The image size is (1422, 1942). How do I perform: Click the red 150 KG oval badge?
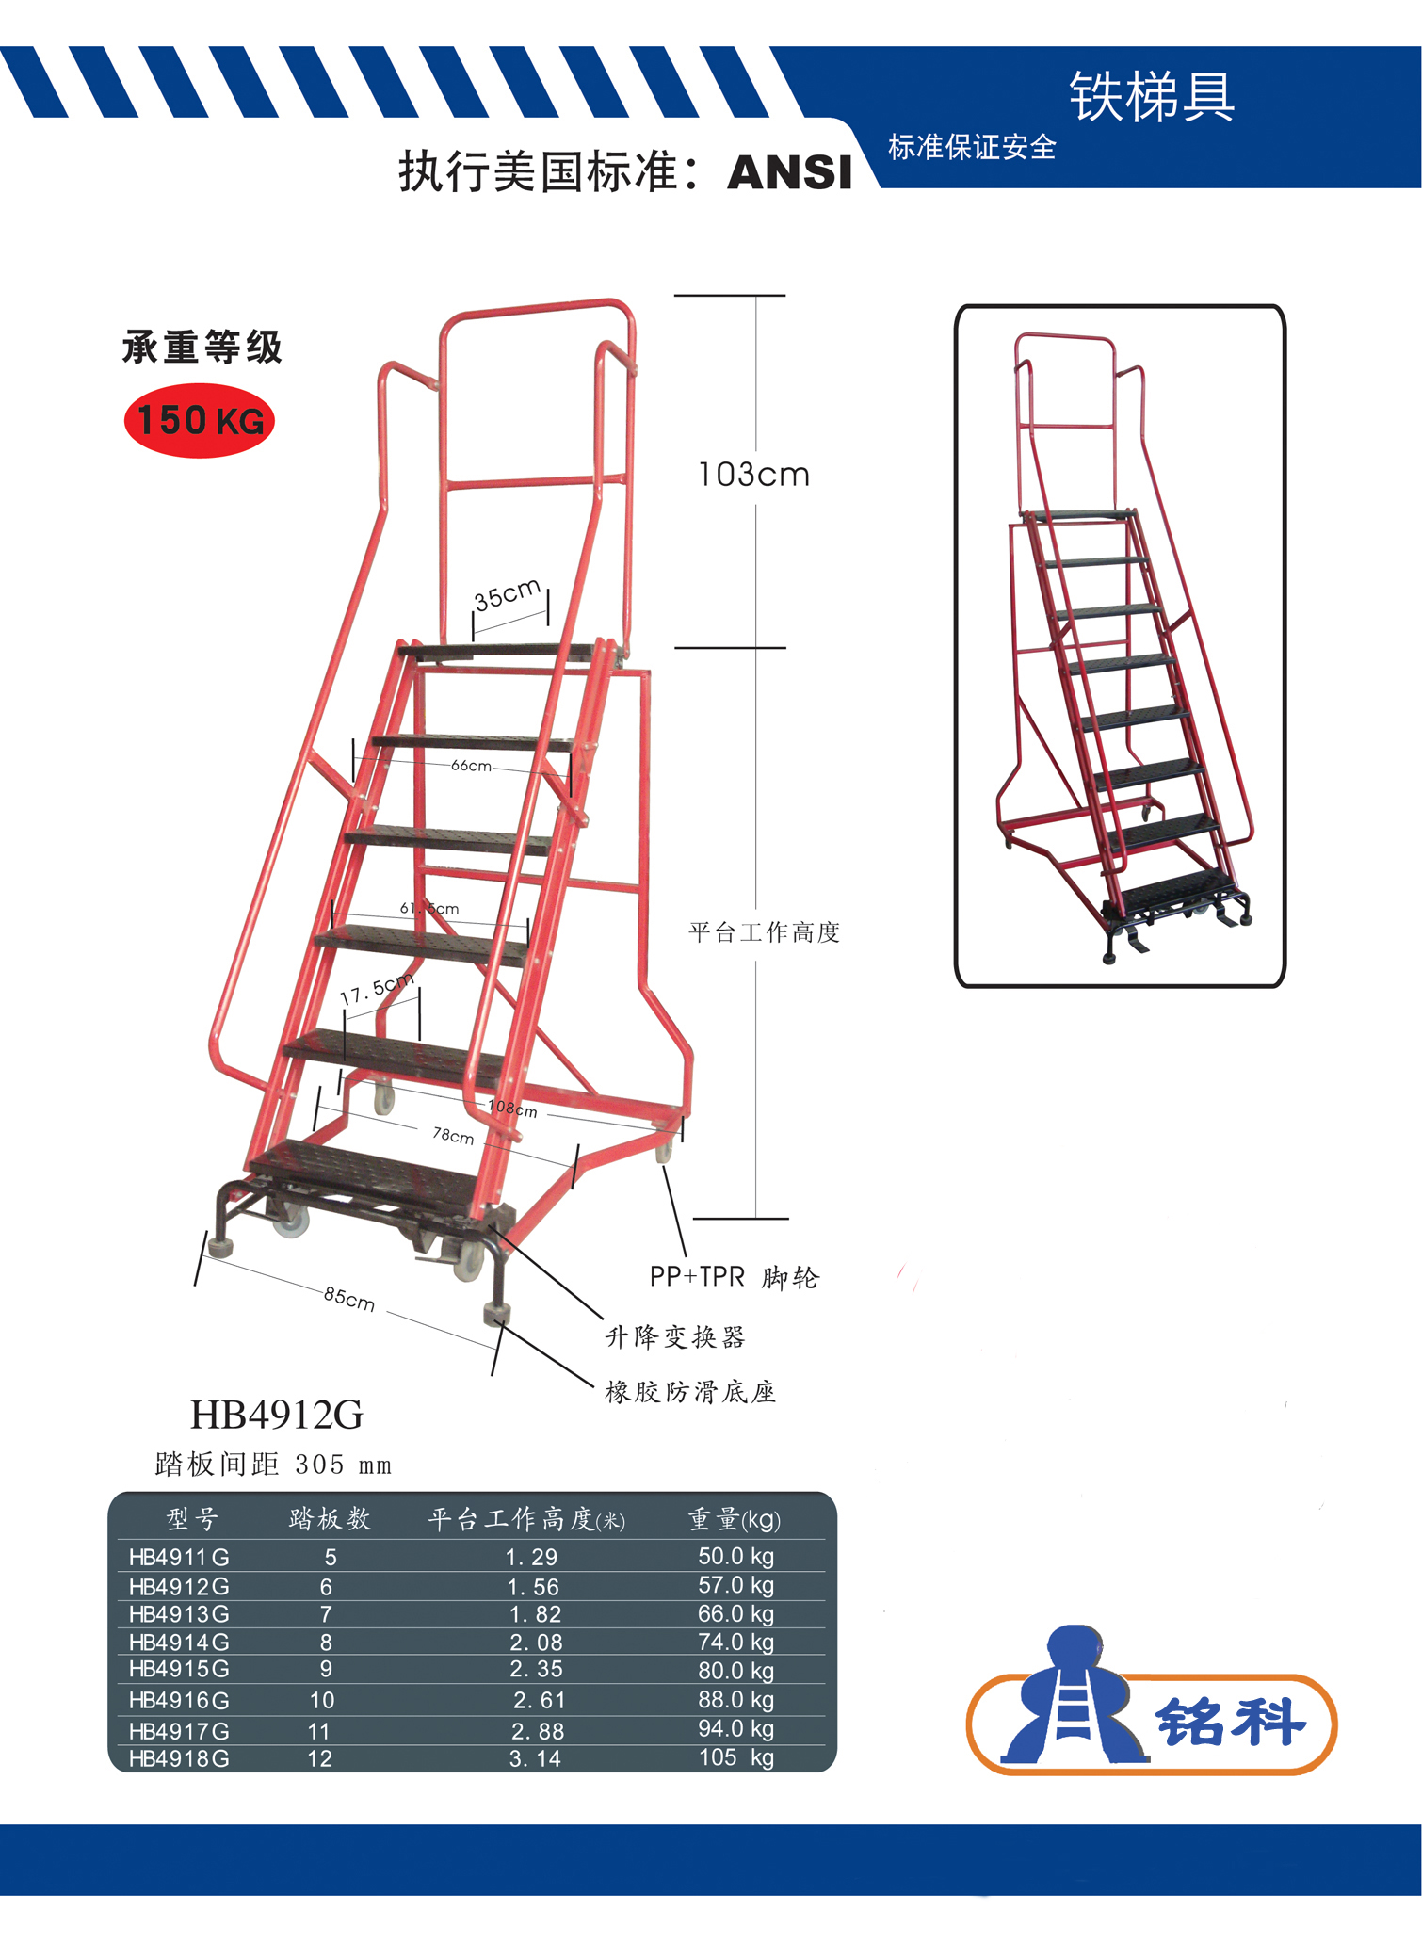coord(200,420)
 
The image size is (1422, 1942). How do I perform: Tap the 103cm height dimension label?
coord(753,475)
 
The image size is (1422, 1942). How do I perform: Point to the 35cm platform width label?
coord(507,594)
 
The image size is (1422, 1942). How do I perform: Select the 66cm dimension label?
coord(471,766)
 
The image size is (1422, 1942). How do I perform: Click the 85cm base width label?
coord(349,1299)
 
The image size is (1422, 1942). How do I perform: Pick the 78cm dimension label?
coord(453,1136)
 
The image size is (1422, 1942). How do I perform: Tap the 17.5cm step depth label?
coord(377,989)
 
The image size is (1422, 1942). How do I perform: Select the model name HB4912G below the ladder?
coord(277,1415)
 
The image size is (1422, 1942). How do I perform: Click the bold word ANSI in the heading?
coord(789,172)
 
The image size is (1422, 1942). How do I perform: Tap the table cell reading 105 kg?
coord(735,1757)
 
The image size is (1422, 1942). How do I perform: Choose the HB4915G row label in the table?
coord(179,1669)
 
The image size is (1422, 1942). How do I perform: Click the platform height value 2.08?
coord(536,1643)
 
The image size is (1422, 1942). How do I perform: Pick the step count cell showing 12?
coord(319,1758)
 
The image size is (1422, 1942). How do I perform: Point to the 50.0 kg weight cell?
coord(735,1556)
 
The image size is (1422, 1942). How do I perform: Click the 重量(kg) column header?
coord(735,1519)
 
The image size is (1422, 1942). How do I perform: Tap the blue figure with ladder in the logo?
coord(1075,1695)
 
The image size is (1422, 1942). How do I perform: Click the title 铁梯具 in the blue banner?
coord(1151,96)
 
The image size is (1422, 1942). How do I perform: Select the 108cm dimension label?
coord(513,1109)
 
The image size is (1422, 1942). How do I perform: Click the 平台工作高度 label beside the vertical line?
coord(764,932)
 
